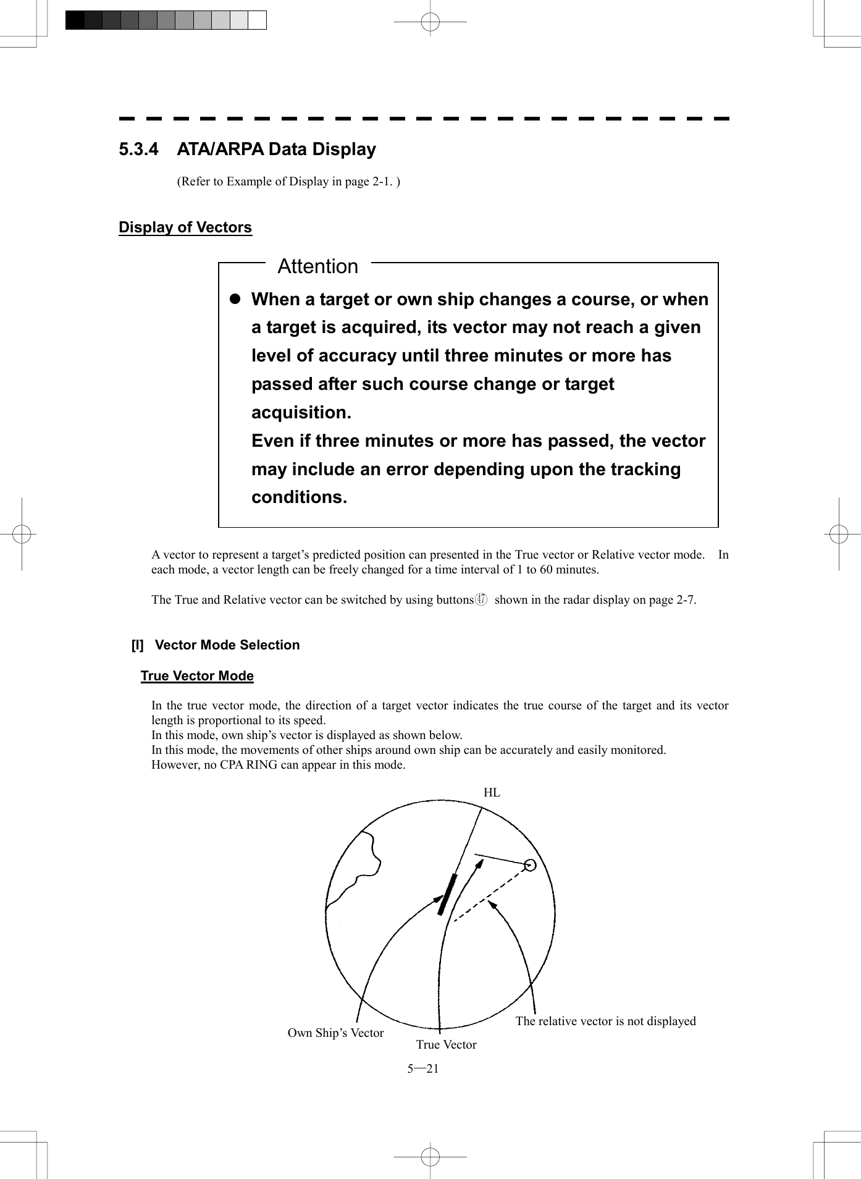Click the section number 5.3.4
coord(138,150)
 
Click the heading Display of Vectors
coord(185,227)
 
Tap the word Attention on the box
coord(317,266)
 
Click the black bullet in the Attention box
coord(235,299)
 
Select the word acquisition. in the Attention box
coord(301,412)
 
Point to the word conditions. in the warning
coord(299,497)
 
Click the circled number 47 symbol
coord(482,599)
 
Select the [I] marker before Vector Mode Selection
coord(137,645)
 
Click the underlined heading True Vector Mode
coord(197,676)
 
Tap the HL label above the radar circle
coord(492,793)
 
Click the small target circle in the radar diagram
coord(529,864)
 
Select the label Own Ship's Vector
coord(335,1033)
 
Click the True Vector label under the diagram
coord(446,1045)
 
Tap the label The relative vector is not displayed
coord(605,1021)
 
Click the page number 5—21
coord(423,1069)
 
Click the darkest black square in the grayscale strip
coord(75,20)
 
